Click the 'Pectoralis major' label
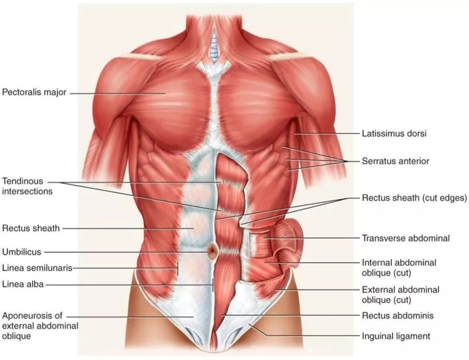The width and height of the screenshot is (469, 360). click(x=34, y=93)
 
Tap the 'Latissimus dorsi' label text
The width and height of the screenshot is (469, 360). click(x=394, y=133)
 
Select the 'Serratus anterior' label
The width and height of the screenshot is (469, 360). click(x=395, y=162)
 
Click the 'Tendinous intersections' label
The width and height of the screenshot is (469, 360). click(x=27, y=186)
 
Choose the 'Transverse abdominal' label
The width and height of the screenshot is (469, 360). click(x=405, y=238)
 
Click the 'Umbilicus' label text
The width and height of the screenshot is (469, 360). click(x=22, y=252)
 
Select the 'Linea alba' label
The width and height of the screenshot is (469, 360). click(x=23, y=284)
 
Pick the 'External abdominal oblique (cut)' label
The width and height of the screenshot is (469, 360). click(x=401, y=294)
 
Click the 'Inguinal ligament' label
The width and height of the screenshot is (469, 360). click(x=395, y=336)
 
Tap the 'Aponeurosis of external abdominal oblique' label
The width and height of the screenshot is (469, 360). click(x=40, y=325)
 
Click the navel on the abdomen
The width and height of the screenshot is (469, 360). click(x=212, y=252)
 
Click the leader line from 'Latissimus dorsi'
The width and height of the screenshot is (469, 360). click(x=326, y=134)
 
